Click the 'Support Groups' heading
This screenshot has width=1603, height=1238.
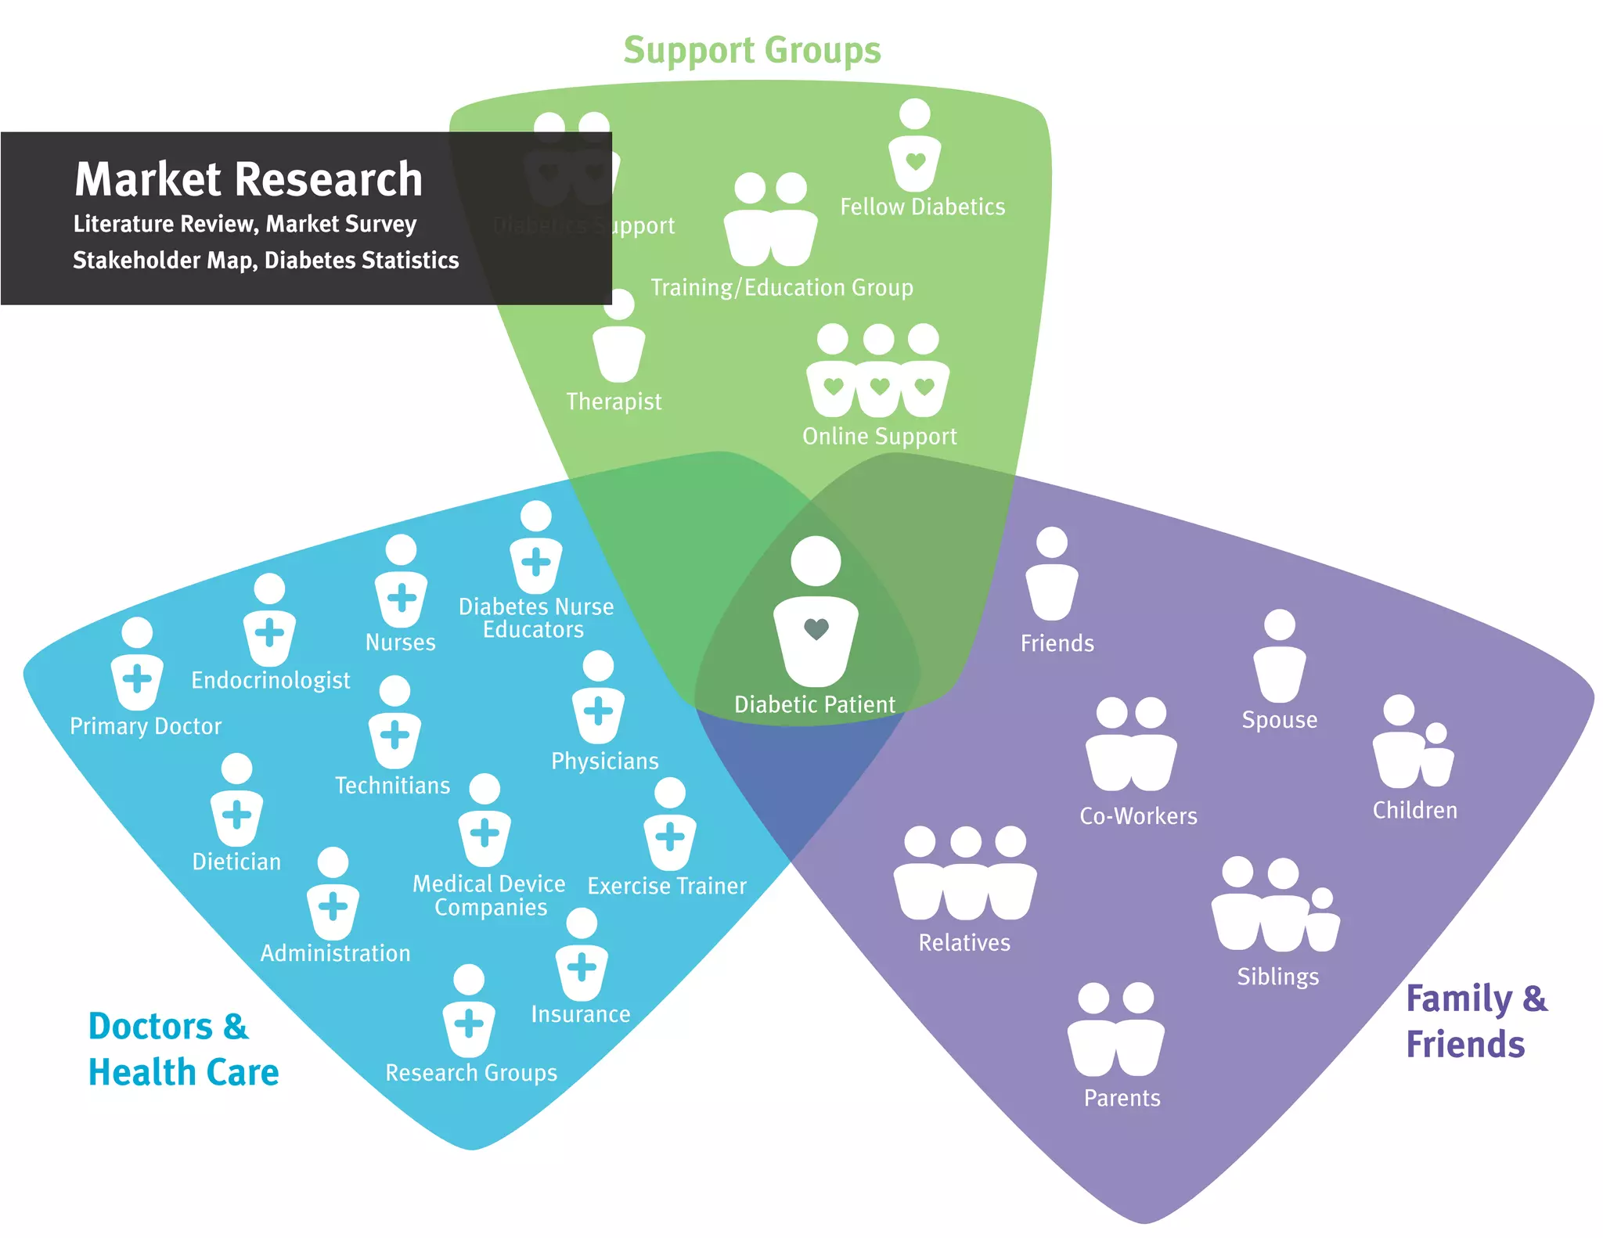751,51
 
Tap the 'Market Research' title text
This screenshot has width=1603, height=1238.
248,179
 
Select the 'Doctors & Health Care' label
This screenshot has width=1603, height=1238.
183,1049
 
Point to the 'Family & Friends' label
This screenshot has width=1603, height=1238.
1475,1021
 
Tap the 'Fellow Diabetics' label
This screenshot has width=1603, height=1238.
922,207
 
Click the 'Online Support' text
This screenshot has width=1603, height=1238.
879,436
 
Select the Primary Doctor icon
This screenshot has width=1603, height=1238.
137,665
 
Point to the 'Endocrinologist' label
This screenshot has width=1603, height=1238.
270,680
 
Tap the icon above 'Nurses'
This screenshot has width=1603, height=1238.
401,583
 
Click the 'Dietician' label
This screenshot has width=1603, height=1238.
236,862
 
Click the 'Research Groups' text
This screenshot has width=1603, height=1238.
471,1072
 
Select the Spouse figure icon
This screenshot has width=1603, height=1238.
1280,657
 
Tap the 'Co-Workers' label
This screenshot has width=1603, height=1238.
1138,816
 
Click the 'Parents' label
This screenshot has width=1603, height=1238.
1122,1098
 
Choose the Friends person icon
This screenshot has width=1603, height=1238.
1052,575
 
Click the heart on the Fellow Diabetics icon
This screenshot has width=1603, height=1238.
915,162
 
